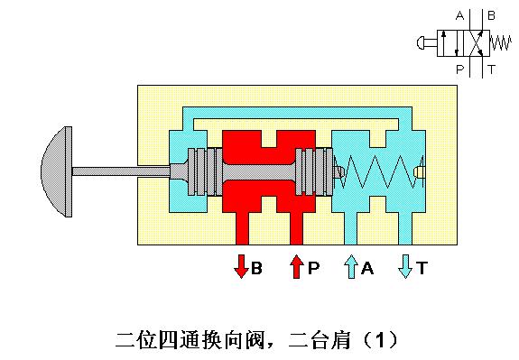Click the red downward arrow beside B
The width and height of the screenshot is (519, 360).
tap(242, 267)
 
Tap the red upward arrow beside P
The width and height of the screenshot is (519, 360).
tap(295, 267)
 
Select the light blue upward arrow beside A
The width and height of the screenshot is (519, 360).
tap(351, 267)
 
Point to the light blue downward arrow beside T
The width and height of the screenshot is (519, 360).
tap(405, 267)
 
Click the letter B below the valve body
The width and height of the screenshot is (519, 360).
tap(256, 268)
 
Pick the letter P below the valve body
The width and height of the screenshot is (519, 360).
tap(311, 268)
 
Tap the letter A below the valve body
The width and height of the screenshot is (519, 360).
tap(367, 268)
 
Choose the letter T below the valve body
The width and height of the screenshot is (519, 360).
tap(422, 268)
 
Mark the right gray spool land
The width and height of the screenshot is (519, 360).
tap(312, 170)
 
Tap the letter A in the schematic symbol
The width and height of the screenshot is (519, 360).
tap(459, 15)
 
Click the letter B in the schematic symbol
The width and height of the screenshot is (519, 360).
tap(491, 15)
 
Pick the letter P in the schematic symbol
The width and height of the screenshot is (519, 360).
tap(459, 68)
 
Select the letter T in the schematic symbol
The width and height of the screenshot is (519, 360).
tap(490, 68)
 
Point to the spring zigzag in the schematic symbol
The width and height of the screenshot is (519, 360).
tap(500, 42)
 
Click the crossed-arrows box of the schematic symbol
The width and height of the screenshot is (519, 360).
tap(475, 42)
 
